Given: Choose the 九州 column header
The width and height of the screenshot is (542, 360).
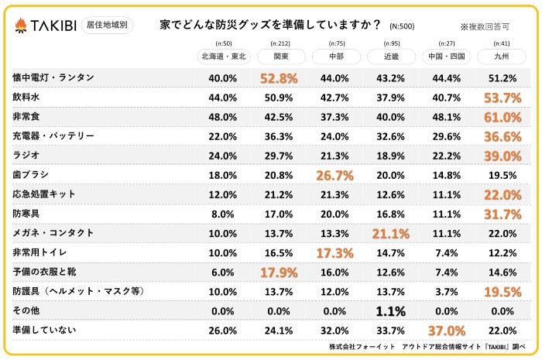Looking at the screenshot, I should click(501, 56).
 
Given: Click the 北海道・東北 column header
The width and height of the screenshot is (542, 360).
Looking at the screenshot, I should click(223, 56).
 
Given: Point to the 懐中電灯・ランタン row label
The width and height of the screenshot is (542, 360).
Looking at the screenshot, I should click(53, 78).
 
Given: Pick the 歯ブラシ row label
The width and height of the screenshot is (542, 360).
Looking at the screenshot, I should click(31, 175).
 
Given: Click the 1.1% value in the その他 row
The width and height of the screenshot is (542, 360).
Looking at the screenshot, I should click(391, 310).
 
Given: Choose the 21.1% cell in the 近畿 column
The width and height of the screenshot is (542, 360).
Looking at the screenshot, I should click(391, 233).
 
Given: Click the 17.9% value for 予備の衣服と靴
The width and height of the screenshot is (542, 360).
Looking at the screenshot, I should click(279, 272).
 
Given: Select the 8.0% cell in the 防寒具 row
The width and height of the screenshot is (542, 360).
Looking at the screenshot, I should click(223, 214).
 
